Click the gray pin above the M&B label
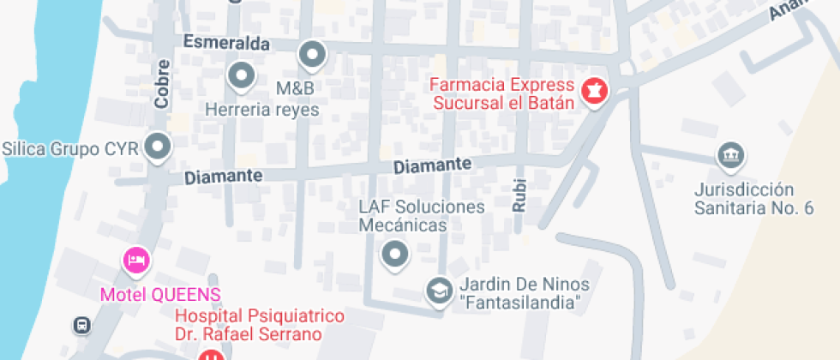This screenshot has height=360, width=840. (x=313, y=56)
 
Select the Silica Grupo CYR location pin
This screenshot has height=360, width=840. (x=157, y=147)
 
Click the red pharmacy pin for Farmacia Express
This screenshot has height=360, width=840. (x=593, y=89)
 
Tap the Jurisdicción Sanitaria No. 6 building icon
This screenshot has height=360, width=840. (x=730, y=156)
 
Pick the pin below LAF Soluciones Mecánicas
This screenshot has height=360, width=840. (x=394, y=254)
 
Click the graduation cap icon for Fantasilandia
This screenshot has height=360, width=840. (x=439, y=291)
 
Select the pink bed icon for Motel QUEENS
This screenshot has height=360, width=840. (x=136, y=260)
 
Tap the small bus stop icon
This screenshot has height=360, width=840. (x=81, y=325)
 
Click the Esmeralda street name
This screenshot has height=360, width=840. (x=226, y=43)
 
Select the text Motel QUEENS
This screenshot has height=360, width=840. (x=160, y=295)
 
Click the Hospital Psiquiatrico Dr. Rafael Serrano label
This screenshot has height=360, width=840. (x=259, y=326)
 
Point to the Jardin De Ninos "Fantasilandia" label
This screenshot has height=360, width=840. (x=521, y=293)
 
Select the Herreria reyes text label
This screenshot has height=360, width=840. (x=261, y=110)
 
